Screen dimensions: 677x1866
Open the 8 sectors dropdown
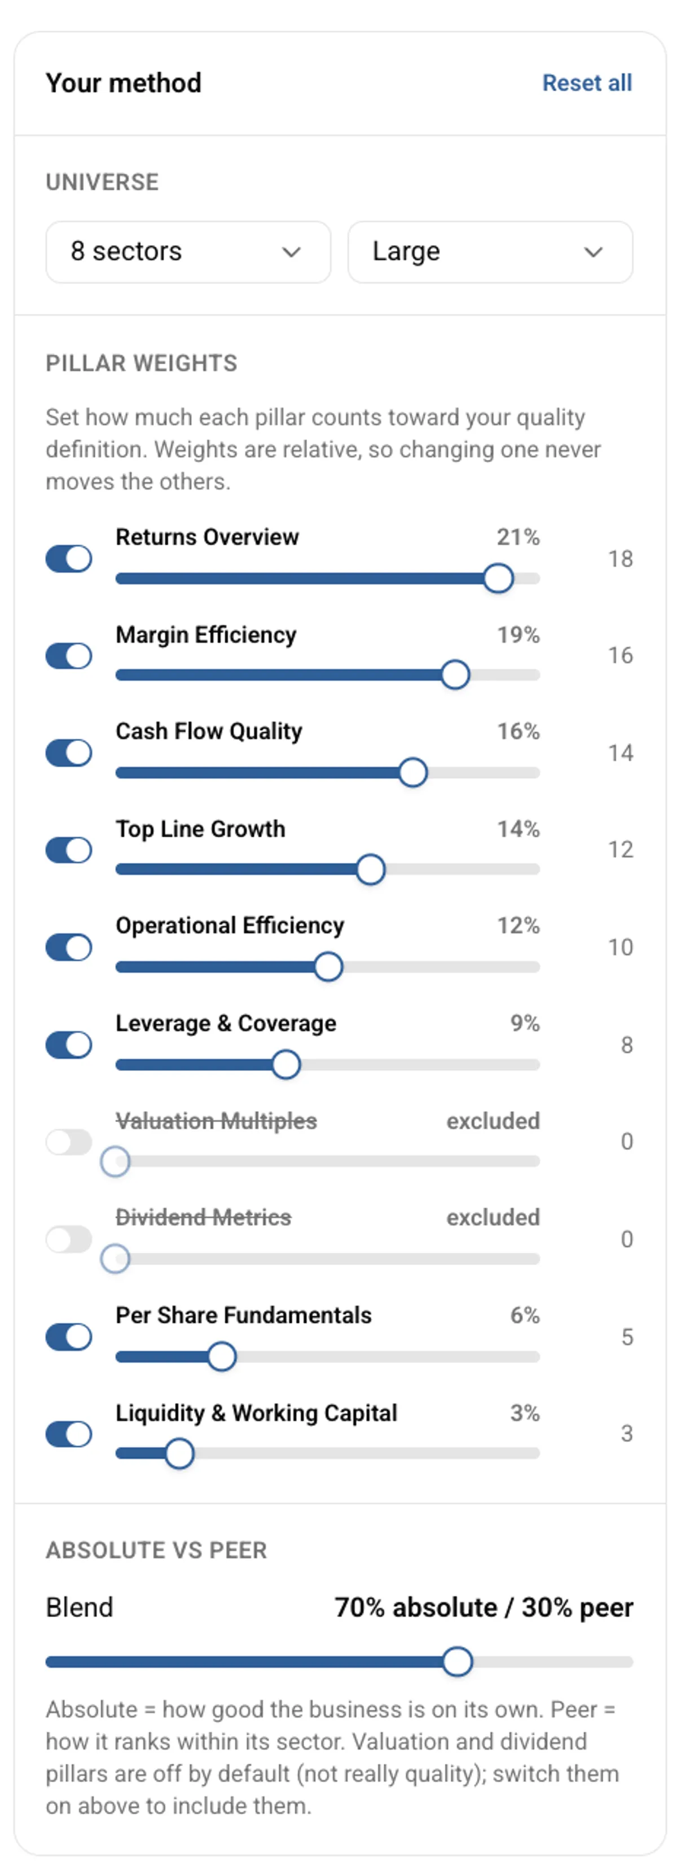(x=188, y=251)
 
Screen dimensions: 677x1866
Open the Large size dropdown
(x=490, y=251)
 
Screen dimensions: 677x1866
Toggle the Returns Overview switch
(x=69, y=558)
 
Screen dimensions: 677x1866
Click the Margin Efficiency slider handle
(x=455, y=675)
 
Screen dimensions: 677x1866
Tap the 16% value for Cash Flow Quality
(x=518, y=732)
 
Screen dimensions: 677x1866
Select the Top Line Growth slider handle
(x=371, y=869)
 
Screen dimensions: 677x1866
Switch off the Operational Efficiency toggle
(x=69, y=947)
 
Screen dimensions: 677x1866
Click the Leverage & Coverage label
(x=226, y=1023)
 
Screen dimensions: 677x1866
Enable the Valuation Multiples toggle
(x=69, y=1142)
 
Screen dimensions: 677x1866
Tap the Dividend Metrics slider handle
(x=115, y=1259)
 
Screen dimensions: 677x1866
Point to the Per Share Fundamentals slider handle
(x=222, y=1357)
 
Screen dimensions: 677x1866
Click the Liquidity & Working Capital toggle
(x=69, y=1434)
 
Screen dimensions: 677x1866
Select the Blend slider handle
(x=458, y=1662)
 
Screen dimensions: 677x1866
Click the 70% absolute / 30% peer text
(x=483, y=1607)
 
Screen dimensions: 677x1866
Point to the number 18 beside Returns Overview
(x=621, y=558)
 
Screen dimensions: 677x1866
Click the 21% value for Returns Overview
(x=518, y=537)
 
